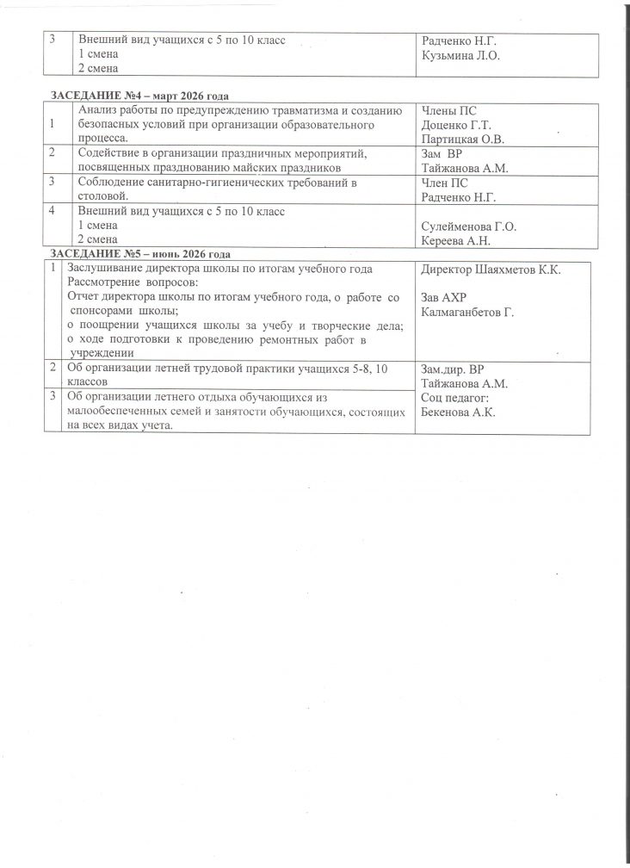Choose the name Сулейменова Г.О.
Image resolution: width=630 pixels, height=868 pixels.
point(469,226)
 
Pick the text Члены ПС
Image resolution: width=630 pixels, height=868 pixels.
point(449,110)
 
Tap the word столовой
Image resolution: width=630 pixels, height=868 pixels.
point(104,195)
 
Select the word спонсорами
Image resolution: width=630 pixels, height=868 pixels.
point(105,310)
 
